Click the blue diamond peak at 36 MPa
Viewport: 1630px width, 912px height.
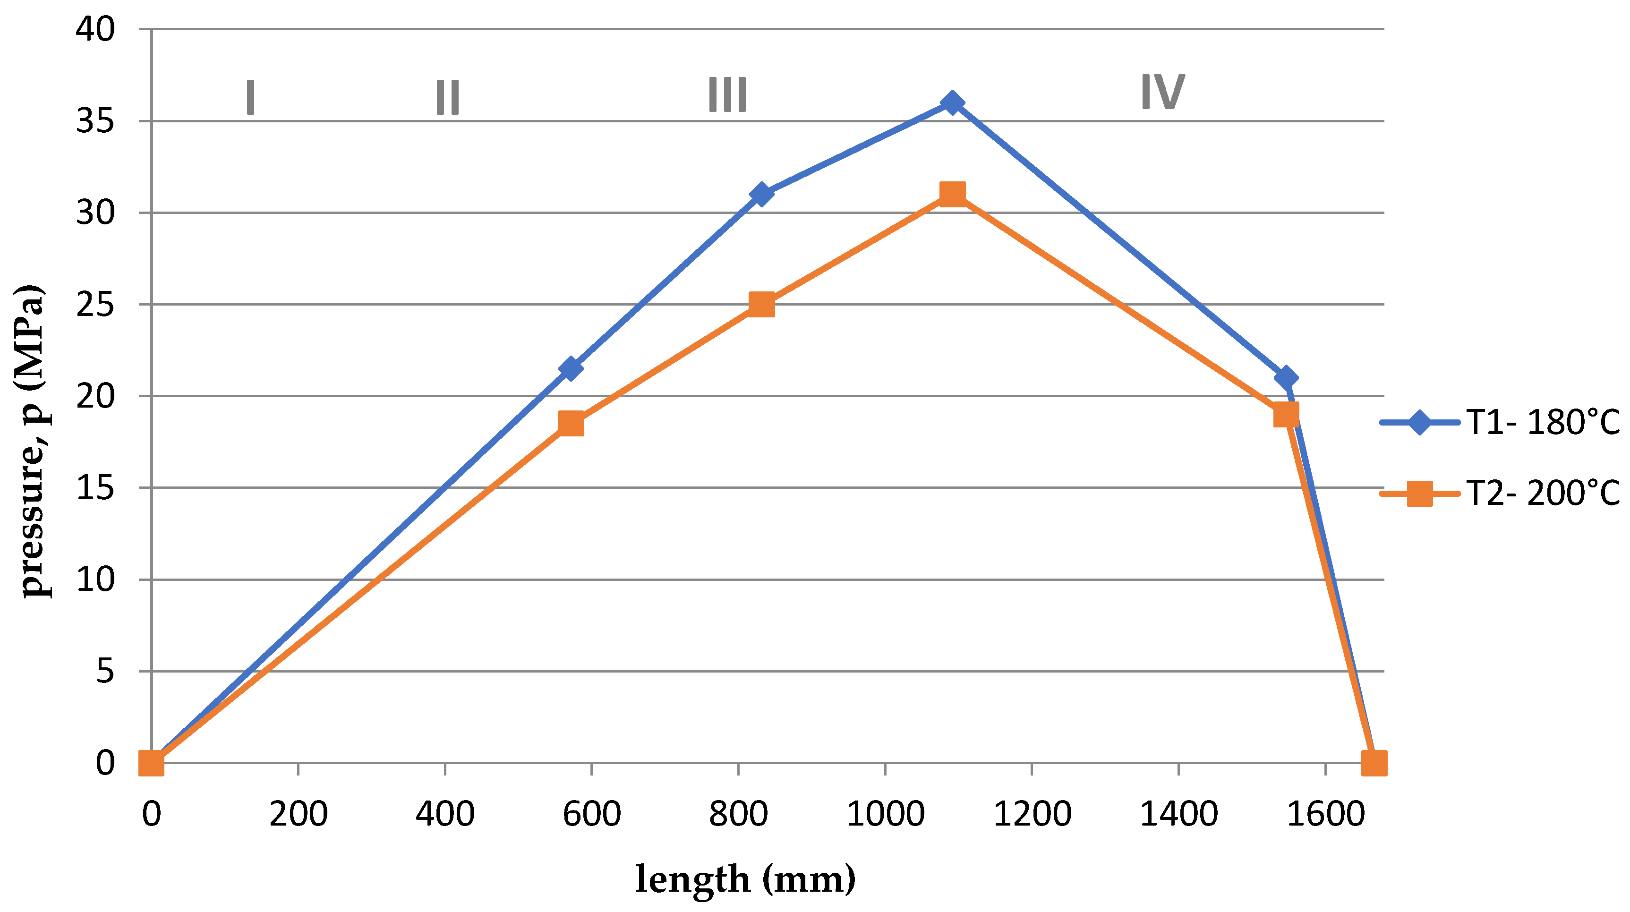[952, 102]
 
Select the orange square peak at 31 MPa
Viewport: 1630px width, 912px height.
[952, 194]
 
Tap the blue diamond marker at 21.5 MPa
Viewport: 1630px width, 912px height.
[571, 368]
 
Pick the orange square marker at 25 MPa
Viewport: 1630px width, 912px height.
[761, 305]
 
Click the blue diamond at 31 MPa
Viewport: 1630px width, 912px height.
[761, 194]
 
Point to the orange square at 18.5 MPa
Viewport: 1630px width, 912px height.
[571, 423]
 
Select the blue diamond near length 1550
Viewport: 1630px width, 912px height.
[1285, 378]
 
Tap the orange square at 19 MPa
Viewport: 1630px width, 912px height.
[1286, 415]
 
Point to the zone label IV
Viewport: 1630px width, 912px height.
[1162, 93]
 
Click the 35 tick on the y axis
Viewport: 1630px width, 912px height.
[95, 121]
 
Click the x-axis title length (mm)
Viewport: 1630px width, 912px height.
[745, 880]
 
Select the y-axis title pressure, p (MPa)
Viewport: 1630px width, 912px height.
[32, 441]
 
